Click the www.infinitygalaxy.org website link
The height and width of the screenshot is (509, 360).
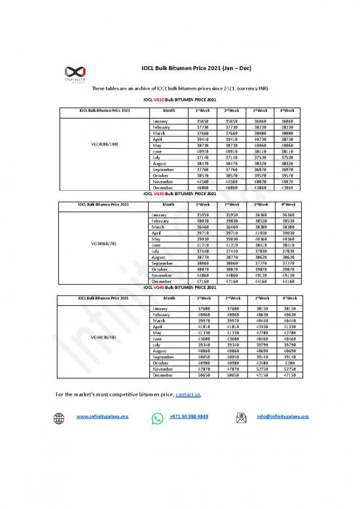102,417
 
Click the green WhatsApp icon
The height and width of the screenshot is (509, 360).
157,417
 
